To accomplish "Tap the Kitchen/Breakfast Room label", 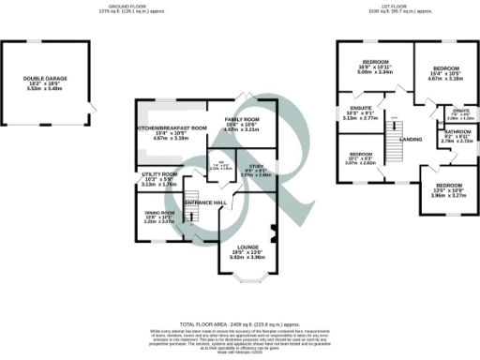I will (171, 127).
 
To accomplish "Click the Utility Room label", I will (160, 174).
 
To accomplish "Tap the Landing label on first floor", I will (411, 140).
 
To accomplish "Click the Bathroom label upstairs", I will (459, 132).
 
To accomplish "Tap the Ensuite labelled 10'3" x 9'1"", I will (360, 114).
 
